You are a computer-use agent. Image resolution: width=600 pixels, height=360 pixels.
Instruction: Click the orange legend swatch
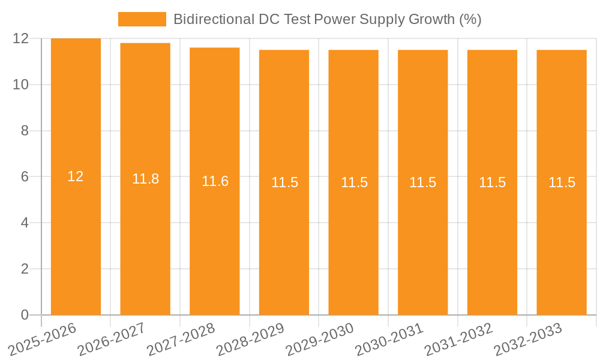click(x=142, y=19)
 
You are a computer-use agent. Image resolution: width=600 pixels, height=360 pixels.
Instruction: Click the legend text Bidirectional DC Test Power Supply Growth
click(x=327, y=19)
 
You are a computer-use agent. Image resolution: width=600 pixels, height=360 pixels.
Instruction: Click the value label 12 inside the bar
click(x=76, y=176)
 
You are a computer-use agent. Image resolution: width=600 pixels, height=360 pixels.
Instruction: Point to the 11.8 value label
click(x=145, y=179)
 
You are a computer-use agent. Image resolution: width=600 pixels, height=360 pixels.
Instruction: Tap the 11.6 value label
click(x=215, y=181)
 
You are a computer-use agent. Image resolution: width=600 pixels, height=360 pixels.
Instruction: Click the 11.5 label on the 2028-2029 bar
click(x=284, y=182)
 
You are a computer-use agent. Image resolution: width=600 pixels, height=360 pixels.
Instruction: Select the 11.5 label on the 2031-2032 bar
click(x=492, y=182)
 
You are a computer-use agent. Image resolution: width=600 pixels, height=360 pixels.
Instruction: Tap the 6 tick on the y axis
click(x=25, y=177)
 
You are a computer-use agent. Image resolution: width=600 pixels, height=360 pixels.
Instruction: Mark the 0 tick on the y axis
click(x=25, y=315)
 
